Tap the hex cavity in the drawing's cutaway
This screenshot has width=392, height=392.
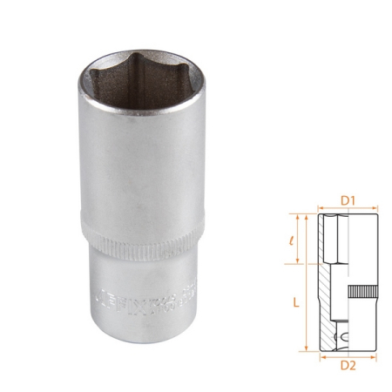(335, 240)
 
